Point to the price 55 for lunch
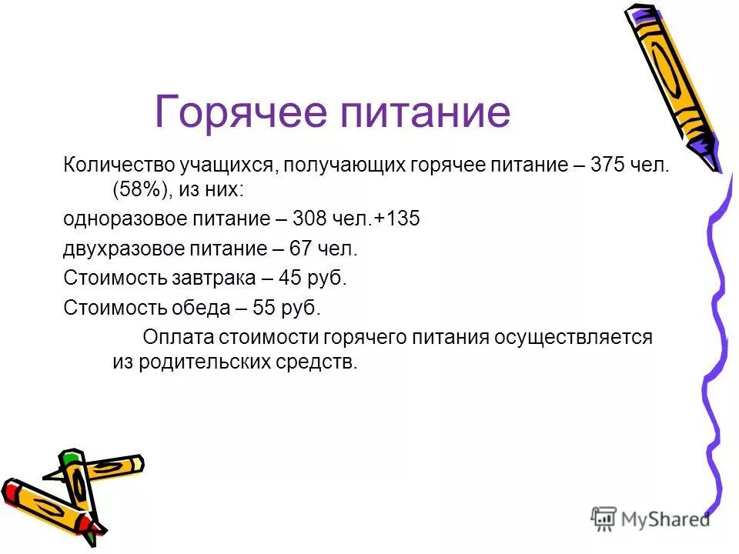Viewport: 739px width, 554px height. pyautogui.click(x=266, y=309)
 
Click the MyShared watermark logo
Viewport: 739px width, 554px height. pyautogui.click(x=650, y=518)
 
